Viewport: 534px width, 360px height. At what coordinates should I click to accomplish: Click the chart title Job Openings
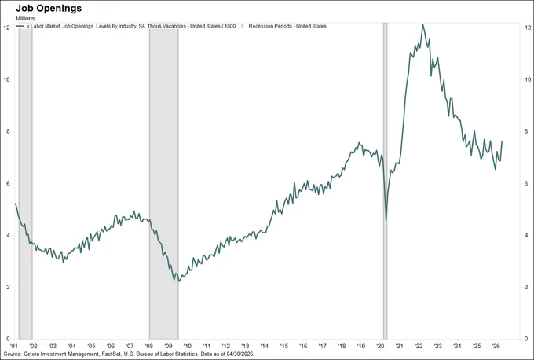(x=49, y=8)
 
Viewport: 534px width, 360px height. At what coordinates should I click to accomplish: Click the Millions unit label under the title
(x=26, y=18)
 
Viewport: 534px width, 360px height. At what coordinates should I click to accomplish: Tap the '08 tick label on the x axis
(x=149, y=346)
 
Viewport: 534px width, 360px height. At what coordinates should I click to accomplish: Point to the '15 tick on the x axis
(x=284, y=346)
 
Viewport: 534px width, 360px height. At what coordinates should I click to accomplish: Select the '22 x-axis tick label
(x=419, y=346)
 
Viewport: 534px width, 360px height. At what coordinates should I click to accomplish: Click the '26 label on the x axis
(x=496, y=346)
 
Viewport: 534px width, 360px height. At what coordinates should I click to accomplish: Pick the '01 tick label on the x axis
(x=15, y=346)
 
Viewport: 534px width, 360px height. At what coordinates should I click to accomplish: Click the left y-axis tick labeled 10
(x=6, y=79)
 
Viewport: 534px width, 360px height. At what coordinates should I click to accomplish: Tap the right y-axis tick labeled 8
(x=526, y=131)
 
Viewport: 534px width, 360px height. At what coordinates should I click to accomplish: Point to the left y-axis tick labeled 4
(x=8, y=235)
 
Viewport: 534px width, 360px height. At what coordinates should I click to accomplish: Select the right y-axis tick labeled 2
(x=526, y=287)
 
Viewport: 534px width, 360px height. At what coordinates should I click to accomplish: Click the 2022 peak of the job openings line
(x=422, y=25)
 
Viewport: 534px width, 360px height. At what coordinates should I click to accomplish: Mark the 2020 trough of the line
(x=386, y=220)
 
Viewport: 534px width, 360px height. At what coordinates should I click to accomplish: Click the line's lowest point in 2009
(x=178, y=281)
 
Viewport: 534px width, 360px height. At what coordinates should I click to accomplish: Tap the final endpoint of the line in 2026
(x=502, y=141)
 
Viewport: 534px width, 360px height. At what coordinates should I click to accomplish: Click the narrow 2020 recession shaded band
(x=385, y=181)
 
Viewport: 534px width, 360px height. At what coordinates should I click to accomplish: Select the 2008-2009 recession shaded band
(x=164, y=181)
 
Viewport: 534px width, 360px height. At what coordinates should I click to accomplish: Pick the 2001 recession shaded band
(x=26, y=181)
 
